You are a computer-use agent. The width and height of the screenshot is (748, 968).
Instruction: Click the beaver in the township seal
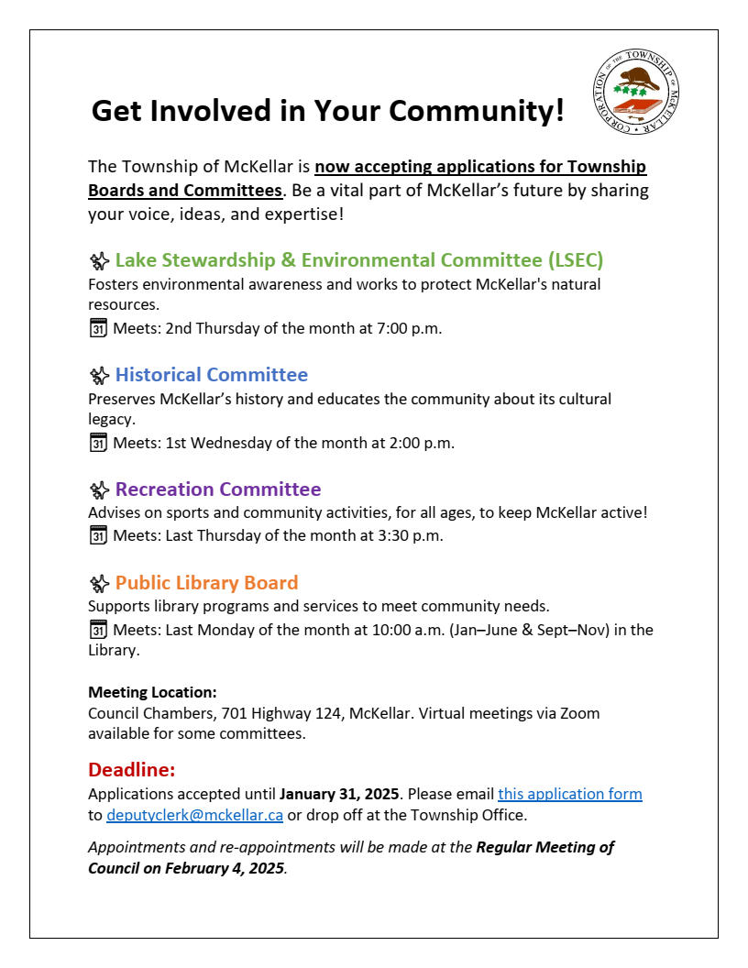pos(639,76)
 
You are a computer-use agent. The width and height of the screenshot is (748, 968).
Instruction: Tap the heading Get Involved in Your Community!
pos(328,111)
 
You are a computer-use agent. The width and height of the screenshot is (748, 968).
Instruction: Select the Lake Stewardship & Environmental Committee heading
pos(359,260)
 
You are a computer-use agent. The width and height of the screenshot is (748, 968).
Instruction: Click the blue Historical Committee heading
pos(212,375)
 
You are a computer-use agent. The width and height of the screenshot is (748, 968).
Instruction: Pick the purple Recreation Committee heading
pos(218,489)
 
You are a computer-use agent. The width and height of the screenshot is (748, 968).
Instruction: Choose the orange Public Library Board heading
pos(207,583)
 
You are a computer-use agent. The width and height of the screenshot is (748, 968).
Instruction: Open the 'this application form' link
pos(569,794)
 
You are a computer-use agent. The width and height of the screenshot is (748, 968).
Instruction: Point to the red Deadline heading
pos(131,769)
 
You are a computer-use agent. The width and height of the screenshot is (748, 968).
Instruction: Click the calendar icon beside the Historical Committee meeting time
pos(98,443)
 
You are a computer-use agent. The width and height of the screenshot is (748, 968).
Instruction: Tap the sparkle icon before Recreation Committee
pos(99,490)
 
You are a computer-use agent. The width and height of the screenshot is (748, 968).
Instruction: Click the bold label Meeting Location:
pos(152,692)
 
